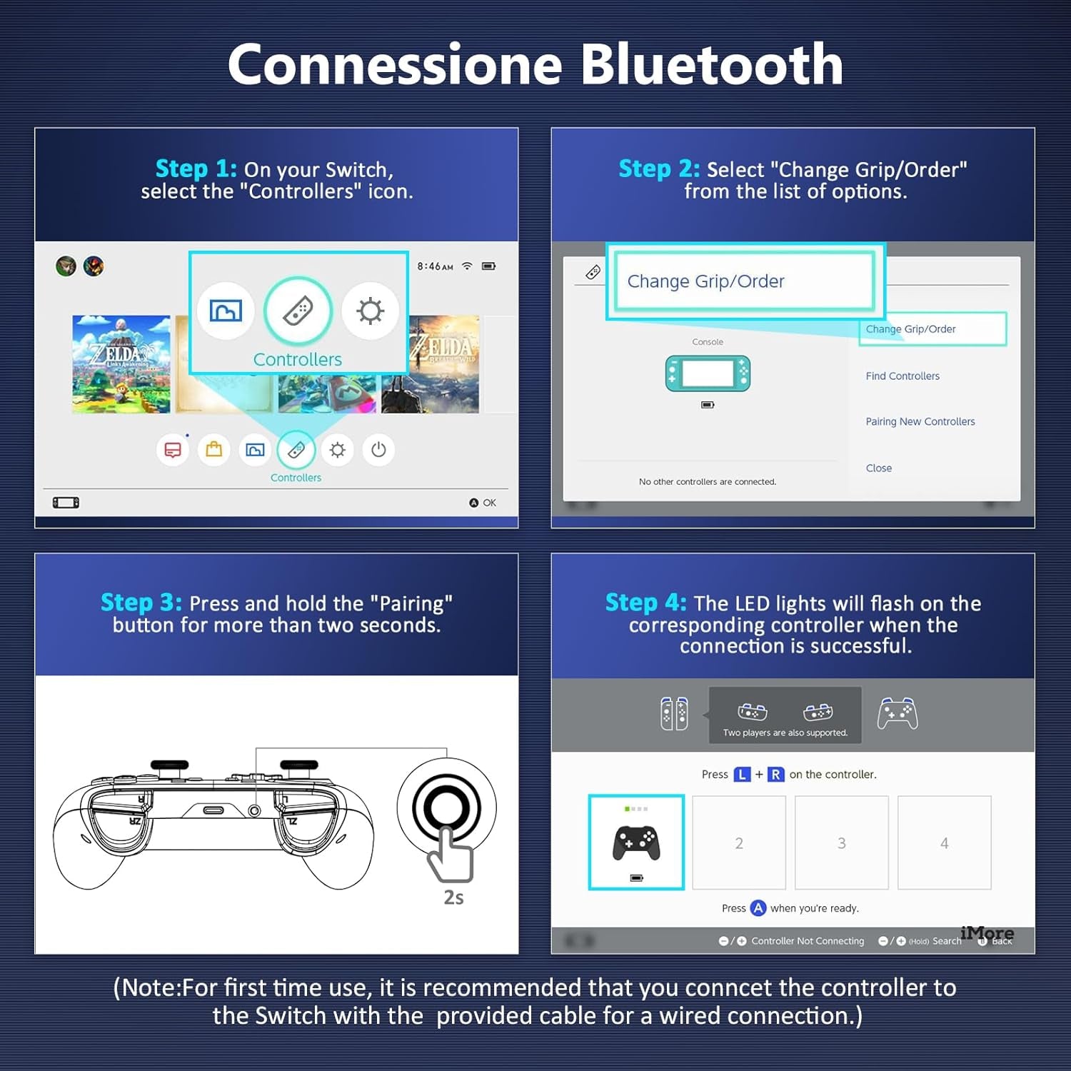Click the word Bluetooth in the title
[x=712, y=64]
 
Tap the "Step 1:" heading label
[x=196, y=169]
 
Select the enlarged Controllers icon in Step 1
[x=298, y=311]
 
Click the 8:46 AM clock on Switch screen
[x=435, y=266]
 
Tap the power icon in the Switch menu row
[x=378, y=450]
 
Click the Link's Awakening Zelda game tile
[x=121, y=364]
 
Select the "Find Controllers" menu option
[x=902, y=376]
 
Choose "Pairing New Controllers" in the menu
[x=920, y=422]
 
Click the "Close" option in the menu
[x=879, y=468]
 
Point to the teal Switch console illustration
[x=708, y=373]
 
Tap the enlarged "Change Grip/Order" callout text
[x=705, y=281]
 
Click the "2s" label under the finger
[x=453, y=897]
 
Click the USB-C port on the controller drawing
[x=213, y=810]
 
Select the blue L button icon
[x=743, y=775]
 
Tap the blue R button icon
[x=776, y=775]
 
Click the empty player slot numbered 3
[x=842, y=843]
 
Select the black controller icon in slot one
[x=636, y=843]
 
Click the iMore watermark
[x=987, y=933]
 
